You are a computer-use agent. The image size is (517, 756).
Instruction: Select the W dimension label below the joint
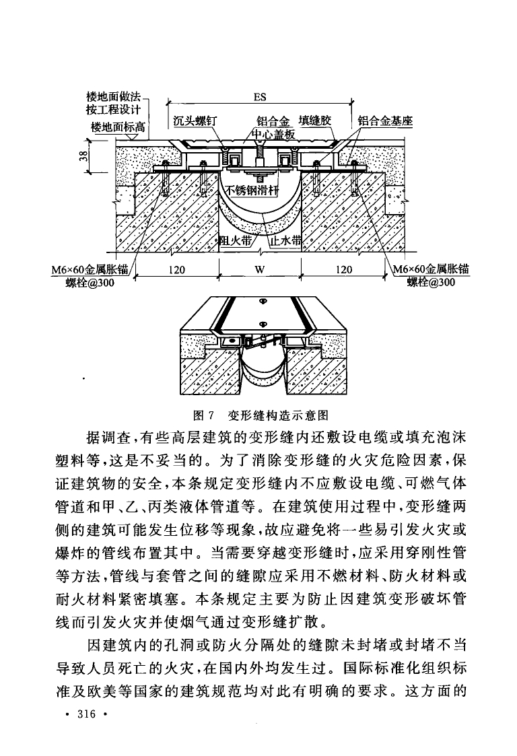click(260, 270)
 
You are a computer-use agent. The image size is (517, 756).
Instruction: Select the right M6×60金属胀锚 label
click(432, 270)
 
